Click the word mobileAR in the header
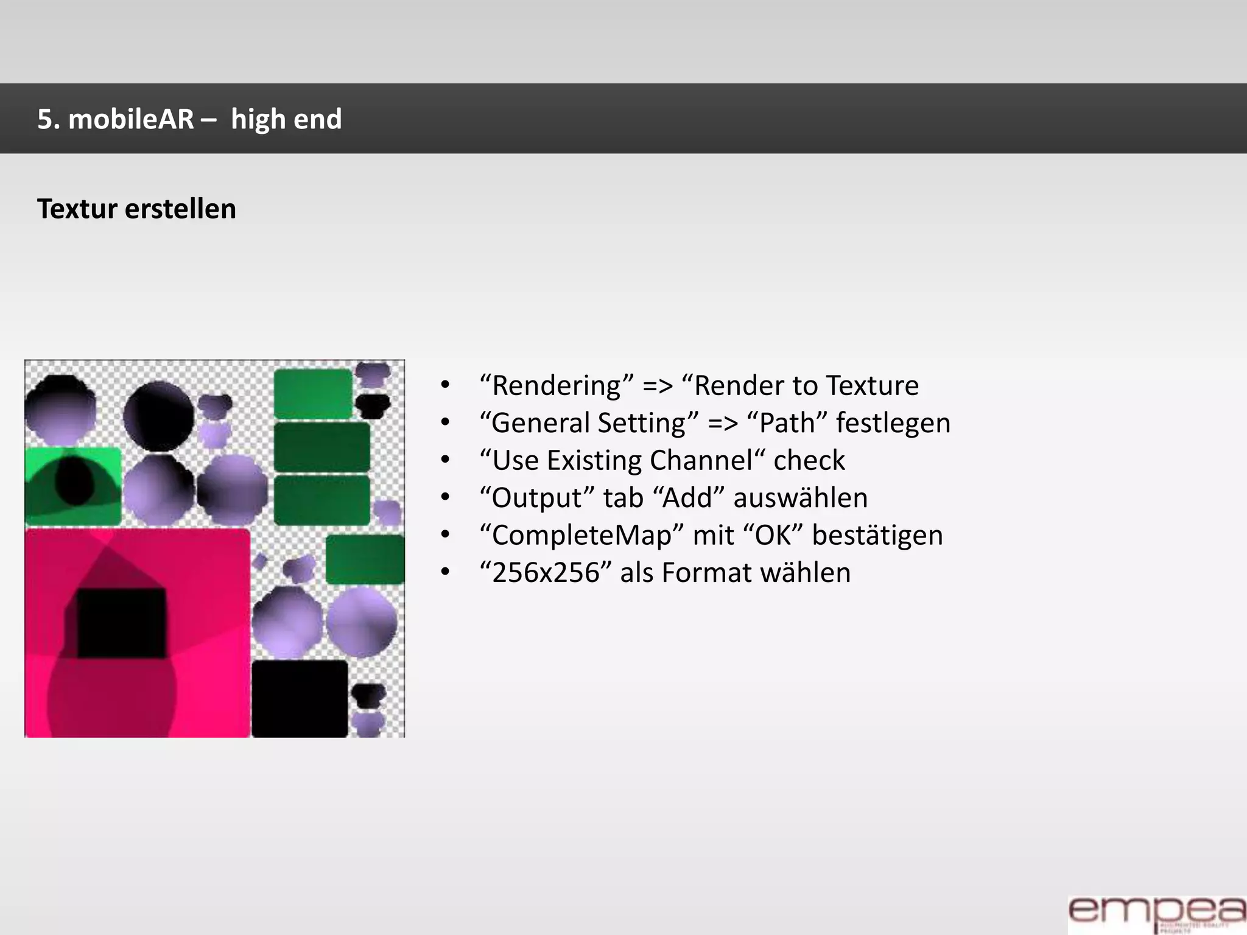coord(130,119)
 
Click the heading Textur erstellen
coord(136,209)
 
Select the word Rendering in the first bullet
coord(557,385)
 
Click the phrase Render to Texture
coord(806,385)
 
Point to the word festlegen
coord(893,423)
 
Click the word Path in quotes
coord(787,423)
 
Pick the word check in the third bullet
coord(809,460)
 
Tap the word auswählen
coord(800,498)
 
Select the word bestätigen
coord(877,536)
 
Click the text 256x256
coord(546,573)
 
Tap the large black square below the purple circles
coord(300,698)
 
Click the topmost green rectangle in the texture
coord(313,393)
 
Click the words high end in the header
coord(286,119)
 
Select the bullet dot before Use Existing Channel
coord(446,461)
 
